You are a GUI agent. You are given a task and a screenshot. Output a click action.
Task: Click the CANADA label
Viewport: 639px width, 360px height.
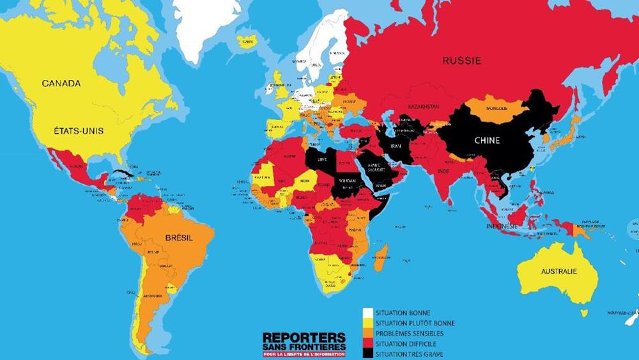click(x=61, y=84)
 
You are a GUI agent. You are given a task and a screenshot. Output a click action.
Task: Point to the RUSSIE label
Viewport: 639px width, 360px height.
click(x=462, y=61)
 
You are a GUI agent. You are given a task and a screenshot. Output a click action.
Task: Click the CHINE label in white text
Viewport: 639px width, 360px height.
click(x=487, y=141)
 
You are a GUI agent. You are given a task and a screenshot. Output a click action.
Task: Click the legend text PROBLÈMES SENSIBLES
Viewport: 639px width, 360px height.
click(x=409, y=334)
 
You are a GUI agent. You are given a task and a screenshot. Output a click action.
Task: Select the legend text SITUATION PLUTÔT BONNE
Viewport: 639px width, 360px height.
click(x=415, y=324)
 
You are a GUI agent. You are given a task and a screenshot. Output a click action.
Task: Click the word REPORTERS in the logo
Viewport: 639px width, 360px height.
click(x=304, y=337)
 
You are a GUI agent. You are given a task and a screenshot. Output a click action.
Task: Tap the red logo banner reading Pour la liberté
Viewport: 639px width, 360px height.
click(x=304, y=354)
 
